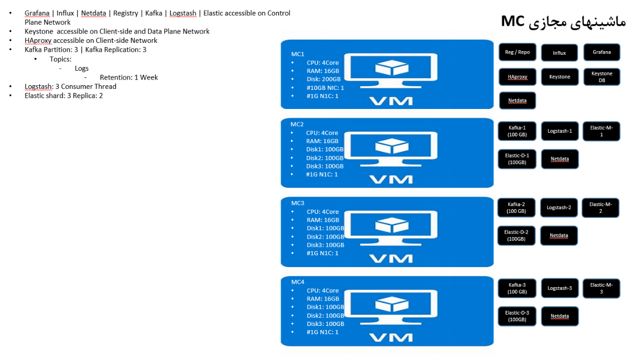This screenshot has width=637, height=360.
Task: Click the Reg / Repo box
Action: [x=517, y=52]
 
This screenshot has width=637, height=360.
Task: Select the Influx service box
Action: [x=560, y=53]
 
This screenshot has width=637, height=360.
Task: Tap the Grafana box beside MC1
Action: [x=602, y=52]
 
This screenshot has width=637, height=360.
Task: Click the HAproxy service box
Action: [x=517, y=77]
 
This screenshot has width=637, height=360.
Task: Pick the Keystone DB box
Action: [x=602, y=77]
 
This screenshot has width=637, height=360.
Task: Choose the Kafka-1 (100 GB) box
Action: [x=517, y=131]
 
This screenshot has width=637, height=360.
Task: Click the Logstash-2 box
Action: [x=559, y=208]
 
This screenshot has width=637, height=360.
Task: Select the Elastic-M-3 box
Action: [x=601, y=288]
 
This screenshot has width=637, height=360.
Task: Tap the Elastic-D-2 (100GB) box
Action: [x=517, y=236]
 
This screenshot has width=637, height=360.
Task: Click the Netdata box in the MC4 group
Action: [x=560, y=316]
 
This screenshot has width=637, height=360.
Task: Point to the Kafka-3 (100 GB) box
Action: [x=517, y=288]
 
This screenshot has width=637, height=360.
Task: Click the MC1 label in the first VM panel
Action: [x=298, y=54]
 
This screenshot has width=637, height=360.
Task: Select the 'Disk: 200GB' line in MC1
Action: [x=323, y=79]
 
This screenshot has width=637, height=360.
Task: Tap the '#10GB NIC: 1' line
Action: [x=325, y=88]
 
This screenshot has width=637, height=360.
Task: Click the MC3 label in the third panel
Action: [x=298, y=203]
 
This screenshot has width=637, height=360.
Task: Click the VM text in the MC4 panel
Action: [x=392, y=338]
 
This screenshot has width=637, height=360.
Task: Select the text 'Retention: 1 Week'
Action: [x=129, y=77]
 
